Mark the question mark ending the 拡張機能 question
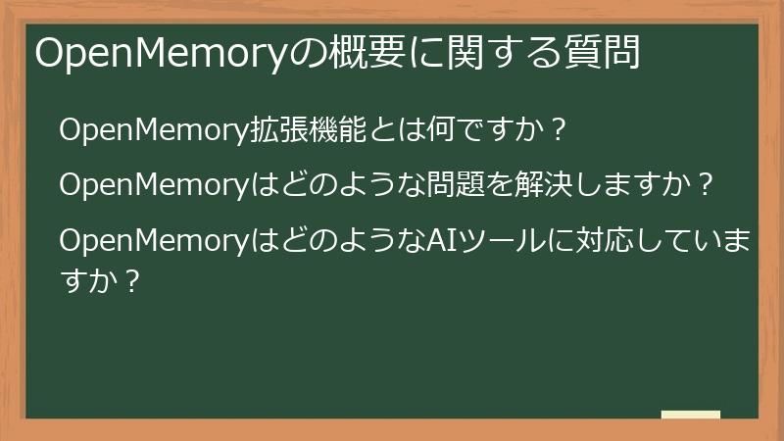(556, 130)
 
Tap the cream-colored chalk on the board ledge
(691, 415)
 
